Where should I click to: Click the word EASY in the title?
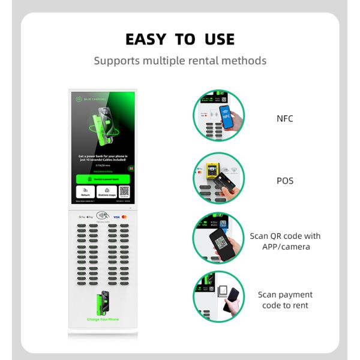tap(146, 40)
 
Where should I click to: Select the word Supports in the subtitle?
tap(116, 61)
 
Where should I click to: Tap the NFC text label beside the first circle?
tap(284, 118)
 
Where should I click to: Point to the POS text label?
tap(284, 180)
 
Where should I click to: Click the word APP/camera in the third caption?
tap(285, 247)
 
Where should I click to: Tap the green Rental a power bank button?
tap(103, 178)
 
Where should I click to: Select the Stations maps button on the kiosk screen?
tap(106, 193)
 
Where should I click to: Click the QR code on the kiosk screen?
tap(124, 192)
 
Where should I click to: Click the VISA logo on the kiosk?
tap(116, 217)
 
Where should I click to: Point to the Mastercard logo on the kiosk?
tap(124, 217)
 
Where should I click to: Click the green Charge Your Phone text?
tap(103, 319)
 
